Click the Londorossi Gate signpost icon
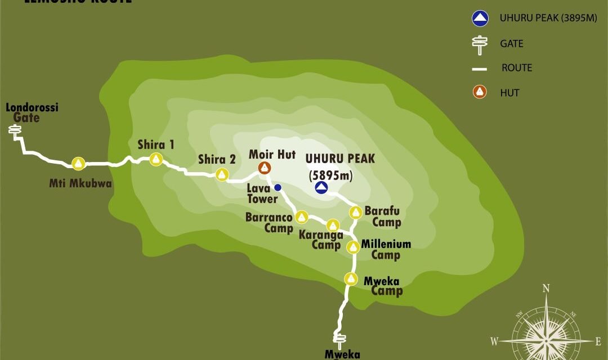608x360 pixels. [x=15, y=131]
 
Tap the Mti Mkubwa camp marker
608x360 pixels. [x=78, y=164]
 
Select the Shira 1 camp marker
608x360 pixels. [x=157, y=160]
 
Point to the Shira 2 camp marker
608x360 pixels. [x=222, y=174]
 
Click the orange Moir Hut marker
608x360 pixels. [x=264, y=167]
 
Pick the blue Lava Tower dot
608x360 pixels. [x=278, y=187]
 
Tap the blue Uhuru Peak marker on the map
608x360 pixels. [x=321, y=188]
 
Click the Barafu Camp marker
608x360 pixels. [x=355, y=212]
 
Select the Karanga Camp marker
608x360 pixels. [x=333, y=226]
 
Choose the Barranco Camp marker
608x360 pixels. [x=301, y=217]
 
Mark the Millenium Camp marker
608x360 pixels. [x=353, y=247]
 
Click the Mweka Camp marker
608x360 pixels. [x=351, y=278]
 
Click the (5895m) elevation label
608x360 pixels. [x=331, y=176]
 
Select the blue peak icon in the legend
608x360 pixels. [x=480, y=19]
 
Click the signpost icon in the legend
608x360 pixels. [x=480, y=44]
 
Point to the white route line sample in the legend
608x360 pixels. [x=480, y=69]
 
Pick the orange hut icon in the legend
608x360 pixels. [x=480, y=92]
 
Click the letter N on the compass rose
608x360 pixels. [x=546, y=289]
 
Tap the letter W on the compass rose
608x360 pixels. [x=494, y=341]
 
